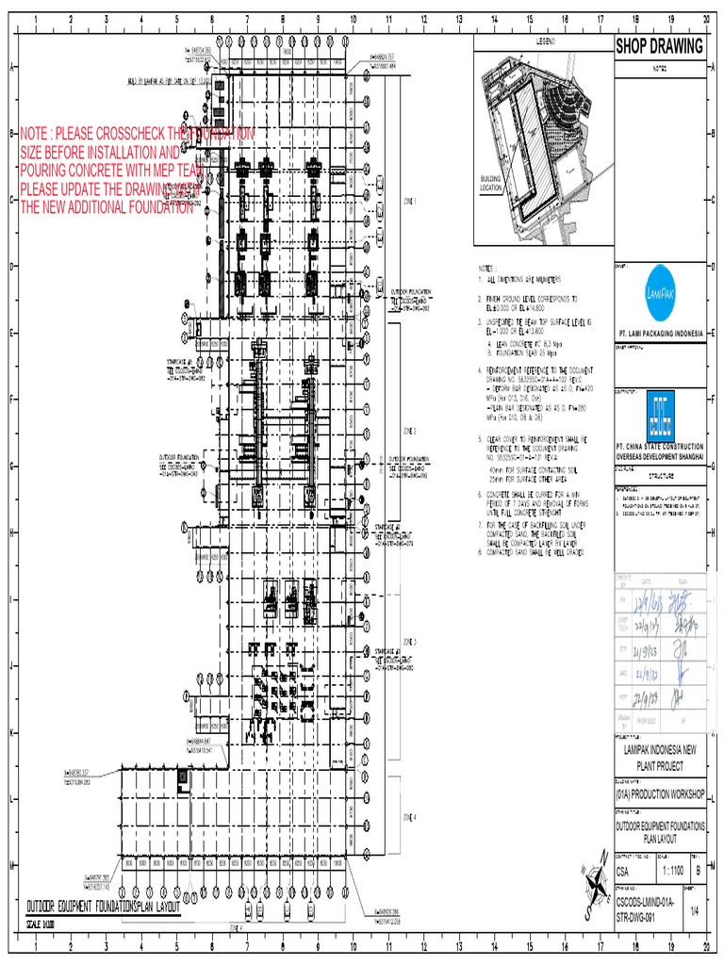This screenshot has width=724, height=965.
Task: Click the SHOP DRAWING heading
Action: point(659,47)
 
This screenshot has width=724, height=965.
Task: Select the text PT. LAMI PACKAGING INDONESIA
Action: point(659,334)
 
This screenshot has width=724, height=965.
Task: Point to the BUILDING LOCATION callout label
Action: point(491,183)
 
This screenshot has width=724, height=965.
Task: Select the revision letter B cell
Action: point(697,872)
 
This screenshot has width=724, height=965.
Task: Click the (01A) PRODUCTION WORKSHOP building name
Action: point(659,795)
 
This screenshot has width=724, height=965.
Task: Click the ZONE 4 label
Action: point(409,816)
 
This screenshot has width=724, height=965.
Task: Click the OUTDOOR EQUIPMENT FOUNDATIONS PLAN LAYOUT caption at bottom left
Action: point(104,904)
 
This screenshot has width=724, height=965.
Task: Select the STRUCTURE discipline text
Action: point(659,477)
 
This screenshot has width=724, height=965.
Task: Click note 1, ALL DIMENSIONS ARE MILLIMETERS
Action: point(523,280)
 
